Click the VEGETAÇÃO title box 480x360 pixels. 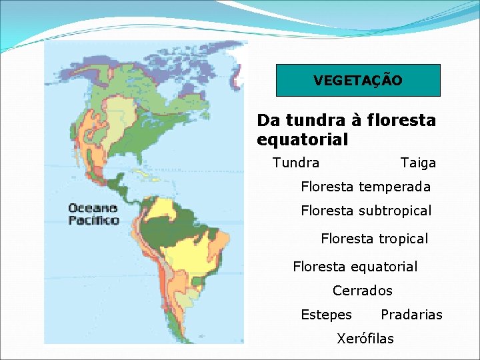pos(358,81)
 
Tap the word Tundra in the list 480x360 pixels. pos(296,163)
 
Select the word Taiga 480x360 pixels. pos(418,163)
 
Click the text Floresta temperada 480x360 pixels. pos(365,187)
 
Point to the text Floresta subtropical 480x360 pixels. pos(366,211)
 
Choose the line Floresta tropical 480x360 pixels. pos(374,239)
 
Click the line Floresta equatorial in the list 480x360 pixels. pos(355,267)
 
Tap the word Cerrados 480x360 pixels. pos(362,291)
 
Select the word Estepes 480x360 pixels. pos(326,315)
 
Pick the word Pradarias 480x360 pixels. pos(411,315)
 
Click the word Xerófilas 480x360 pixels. pos(365,339)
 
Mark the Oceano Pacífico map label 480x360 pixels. pos(93,213)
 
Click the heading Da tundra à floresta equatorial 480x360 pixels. pos(346,130)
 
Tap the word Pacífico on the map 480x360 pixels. pos(93,219)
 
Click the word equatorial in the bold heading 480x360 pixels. pos(302,140)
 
